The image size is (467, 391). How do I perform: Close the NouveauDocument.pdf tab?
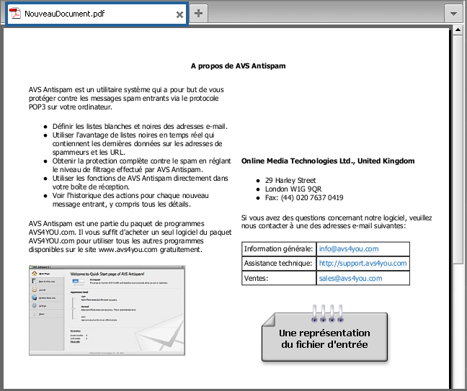(179, 14)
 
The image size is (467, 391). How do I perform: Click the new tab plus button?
(199, 14)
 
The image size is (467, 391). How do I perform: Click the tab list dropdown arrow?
(453, 14)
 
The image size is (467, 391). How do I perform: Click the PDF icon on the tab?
(14, 14)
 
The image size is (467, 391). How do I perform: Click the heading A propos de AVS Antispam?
(238, 66)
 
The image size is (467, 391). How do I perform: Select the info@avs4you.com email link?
(348, 249)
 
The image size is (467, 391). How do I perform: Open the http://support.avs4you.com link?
(363, 264)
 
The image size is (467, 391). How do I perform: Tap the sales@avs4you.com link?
(350, 278)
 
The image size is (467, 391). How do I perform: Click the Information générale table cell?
(278, 249)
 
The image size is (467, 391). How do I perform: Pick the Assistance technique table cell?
(278, 264)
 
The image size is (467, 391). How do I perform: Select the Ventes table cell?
(278, 278)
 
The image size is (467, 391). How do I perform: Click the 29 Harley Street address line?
(290, 180)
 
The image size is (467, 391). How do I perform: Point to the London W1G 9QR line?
(293, 189)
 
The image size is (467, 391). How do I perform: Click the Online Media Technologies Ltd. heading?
(328, 161)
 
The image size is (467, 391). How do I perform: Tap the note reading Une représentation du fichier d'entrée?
(324, 338)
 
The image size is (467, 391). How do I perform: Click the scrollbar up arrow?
(457, 30)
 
